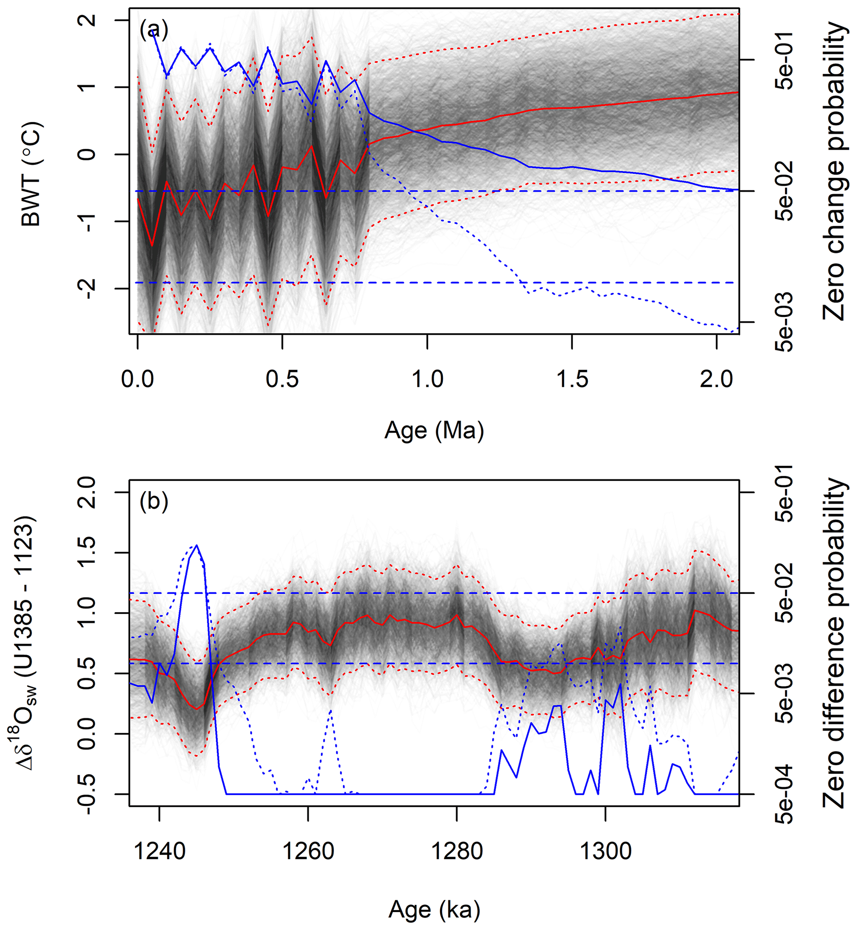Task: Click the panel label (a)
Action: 153,30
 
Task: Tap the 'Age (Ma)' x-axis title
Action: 434,430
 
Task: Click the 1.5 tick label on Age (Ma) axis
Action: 572,379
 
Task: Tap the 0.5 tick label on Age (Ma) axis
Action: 282,379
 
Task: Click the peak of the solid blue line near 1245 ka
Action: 197,545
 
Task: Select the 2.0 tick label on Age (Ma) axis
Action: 716,379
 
